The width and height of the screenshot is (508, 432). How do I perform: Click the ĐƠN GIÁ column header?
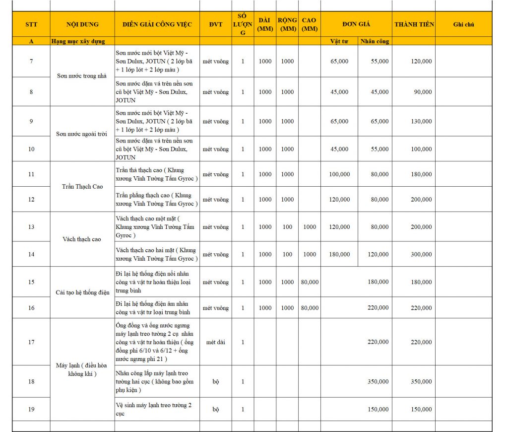(x=356, y=24)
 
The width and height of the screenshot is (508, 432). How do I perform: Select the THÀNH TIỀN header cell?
(x=414, y=24)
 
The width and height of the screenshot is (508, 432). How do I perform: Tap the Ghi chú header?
(x=464, y=24)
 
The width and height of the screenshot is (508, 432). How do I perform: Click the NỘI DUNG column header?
(x=82, y=24)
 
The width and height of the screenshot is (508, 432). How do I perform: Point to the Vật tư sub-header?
(x=339, y=41)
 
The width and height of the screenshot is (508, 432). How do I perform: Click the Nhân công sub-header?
(x=375, y=41)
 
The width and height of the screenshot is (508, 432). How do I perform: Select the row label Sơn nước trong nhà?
(x=82, y=76)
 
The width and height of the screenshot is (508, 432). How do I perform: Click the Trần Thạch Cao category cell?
(x=82, y=187)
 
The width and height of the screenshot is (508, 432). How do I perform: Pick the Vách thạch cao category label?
(x=82, y=239)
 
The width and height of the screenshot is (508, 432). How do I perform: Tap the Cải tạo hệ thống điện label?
(x=82, y=292)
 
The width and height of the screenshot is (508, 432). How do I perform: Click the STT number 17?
(x=31, y=342)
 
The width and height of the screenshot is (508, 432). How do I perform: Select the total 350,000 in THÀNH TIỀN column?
(x=421, y=381)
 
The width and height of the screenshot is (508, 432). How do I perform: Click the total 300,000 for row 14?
(x=421, y=254)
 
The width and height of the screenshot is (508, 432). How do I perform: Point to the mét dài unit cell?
(x=216, y=342)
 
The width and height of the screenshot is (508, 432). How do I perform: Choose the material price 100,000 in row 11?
(x=339, y=174)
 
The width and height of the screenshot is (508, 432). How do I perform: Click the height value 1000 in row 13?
(x=310, y=227)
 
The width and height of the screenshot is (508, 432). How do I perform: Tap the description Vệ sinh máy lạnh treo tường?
(x=153, y=409)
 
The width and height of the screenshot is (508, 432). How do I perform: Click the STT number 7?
(x=31, y=62)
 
